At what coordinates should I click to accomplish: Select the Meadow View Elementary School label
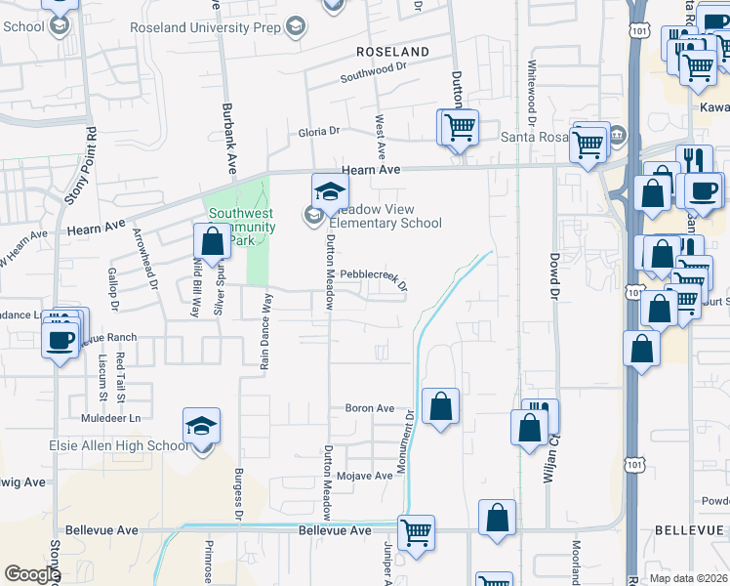[385, 216]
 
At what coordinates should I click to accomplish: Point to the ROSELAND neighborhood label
[392, 51]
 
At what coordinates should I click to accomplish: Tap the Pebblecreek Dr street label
[373, 276]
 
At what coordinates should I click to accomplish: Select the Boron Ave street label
[370, 408]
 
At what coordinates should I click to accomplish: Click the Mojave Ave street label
[364, 476]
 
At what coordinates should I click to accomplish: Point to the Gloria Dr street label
[319, 130]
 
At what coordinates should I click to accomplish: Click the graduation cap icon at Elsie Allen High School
[201, 426]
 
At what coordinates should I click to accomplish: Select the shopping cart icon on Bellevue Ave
[417, 532]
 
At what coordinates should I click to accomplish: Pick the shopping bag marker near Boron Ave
[441, 405]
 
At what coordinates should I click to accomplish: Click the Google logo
[32, 574]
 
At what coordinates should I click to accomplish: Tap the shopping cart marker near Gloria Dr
[459, 126]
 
